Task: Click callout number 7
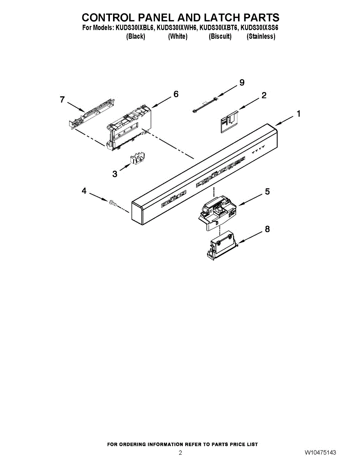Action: coord(62,99)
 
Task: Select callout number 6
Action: coord(176,94)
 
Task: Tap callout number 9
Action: coord(242,82)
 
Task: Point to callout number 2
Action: coord(264,95)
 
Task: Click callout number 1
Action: coord(298,114)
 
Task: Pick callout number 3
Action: coord(115,174)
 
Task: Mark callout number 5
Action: coord(267,191)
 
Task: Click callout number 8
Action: coord(267,229)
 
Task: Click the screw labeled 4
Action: coord(113,202)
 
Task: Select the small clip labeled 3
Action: coord(137,158)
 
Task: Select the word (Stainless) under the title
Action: coord(261,37)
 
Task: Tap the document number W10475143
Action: coord(320,453)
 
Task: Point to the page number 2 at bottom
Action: coord(180,453)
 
